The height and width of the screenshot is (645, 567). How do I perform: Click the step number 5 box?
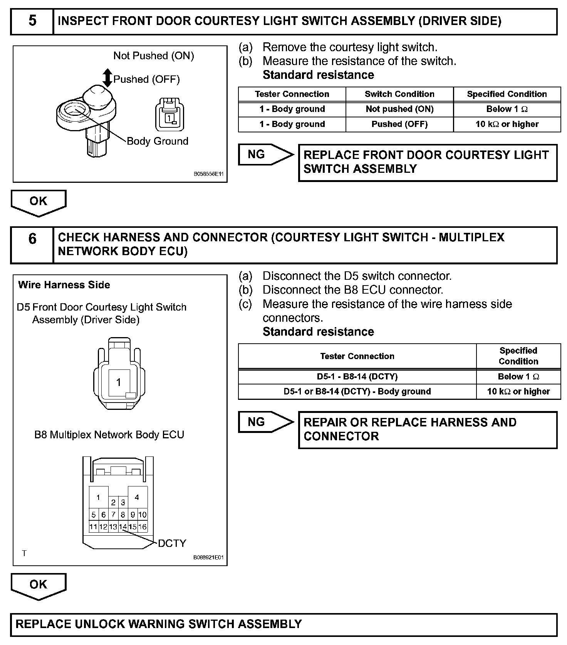tap(32, 21)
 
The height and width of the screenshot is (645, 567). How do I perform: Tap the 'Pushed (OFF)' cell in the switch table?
tap(399, 124)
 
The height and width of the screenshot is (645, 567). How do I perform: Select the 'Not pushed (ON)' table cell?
tap(399, 109)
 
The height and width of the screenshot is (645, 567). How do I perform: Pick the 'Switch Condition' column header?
tap(399, 94)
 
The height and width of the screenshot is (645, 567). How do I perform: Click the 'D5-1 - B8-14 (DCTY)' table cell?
tap(357, 377)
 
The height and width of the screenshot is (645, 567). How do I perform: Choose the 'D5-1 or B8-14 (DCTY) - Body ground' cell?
tap(357, 392)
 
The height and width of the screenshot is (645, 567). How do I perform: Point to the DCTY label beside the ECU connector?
tap(172, 543)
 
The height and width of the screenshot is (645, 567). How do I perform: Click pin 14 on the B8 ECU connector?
tap(123, 527)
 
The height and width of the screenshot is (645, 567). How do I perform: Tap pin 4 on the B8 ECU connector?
tap(137, 498)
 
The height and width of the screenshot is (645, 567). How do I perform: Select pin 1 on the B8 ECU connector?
tap(99, 498)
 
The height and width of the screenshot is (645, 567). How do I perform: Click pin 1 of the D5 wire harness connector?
tap(119, 382)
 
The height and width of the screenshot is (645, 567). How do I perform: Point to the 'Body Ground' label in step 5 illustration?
tap(157, 141)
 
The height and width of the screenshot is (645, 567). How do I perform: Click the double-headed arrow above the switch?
tap(108, 78)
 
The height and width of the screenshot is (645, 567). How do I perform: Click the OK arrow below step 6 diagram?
tap(39, 585)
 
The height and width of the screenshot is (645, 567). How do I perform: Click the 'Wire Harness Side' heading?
tap(64, 285)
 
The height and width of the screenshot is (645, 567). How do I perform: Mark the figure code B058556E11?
tap(208, 174)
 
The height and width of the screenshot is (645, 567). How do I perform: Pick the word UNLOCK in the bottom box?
tap(96, 624)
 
